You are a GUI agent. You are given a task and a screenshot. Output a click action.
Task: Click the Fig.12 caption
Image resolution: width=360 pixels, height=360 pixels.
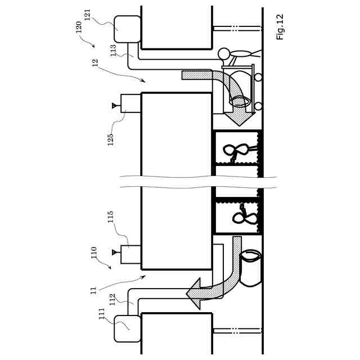point(280,27)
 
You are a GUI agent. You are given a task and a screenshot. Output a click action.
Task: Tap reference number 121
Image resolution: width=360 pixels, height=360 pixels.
point(87,15)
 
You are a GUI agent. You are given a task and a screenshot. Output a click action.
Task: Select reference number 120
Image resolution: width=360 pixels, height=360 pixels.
point(79,27)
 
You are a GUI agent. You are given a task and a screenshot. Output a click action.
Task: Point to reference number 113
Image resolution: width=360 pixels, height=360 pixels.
point(113,51)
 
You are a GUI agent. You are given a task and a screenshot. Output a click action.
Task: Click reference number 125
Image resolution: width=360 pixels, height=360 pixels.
point(111,139)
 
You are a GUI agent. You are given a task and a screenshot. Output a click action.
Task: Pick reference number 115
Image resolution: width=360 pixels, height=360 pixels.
point(111,217)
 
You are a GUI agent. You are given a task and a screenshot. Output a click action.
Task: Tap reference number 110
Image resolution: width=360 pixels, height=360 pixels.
point(94,253)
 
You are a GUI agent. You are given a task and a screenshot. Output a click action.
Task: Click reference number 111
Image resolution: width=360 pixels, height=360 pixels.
point(102,313)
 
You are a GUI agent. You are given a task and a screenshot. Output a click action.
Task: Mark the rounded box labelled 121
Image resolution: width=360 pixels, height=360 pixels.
point(128,29)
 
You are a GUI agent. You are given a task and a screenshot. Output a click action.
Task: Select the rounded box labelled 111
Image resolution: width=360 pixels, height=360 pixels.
point(128,328)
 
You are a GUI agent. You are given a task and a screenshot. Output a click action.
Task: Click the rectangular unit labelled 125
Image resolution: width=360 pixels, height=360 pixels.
point(130,103)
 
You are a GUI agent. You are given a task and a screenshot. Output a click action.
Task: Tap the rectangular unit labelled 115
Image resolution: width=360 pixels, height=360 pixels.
point(130,254)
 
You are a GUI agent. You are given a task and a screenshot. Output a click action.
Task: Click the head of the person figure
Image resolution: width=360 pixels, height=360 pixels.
point(224,54)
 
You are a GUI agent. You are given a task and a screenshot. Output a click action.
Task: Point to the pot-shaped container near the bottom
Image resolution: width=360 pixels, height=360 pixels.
point(251,268)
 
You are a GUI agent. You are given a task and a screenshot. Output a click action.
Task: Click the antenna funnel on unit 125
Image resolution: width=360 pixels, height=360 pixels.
point(115,105)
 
